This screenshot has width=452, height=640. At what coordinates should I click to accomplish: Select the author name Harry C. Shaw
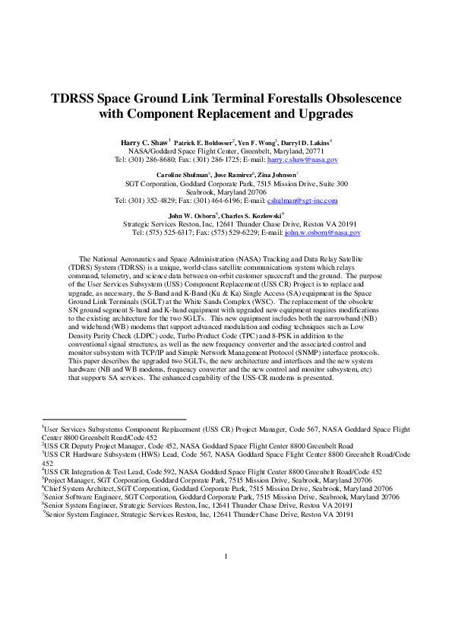pos(144,142)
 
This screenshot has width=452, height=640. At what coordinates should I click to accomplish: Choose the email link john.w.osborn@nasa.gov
pos(322,233)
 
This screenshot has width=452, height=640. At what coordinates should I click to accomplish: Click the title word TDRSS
pos(74,98)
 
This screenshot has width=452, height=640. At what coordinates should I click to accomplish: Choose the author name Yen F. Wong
pos(257,142)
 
